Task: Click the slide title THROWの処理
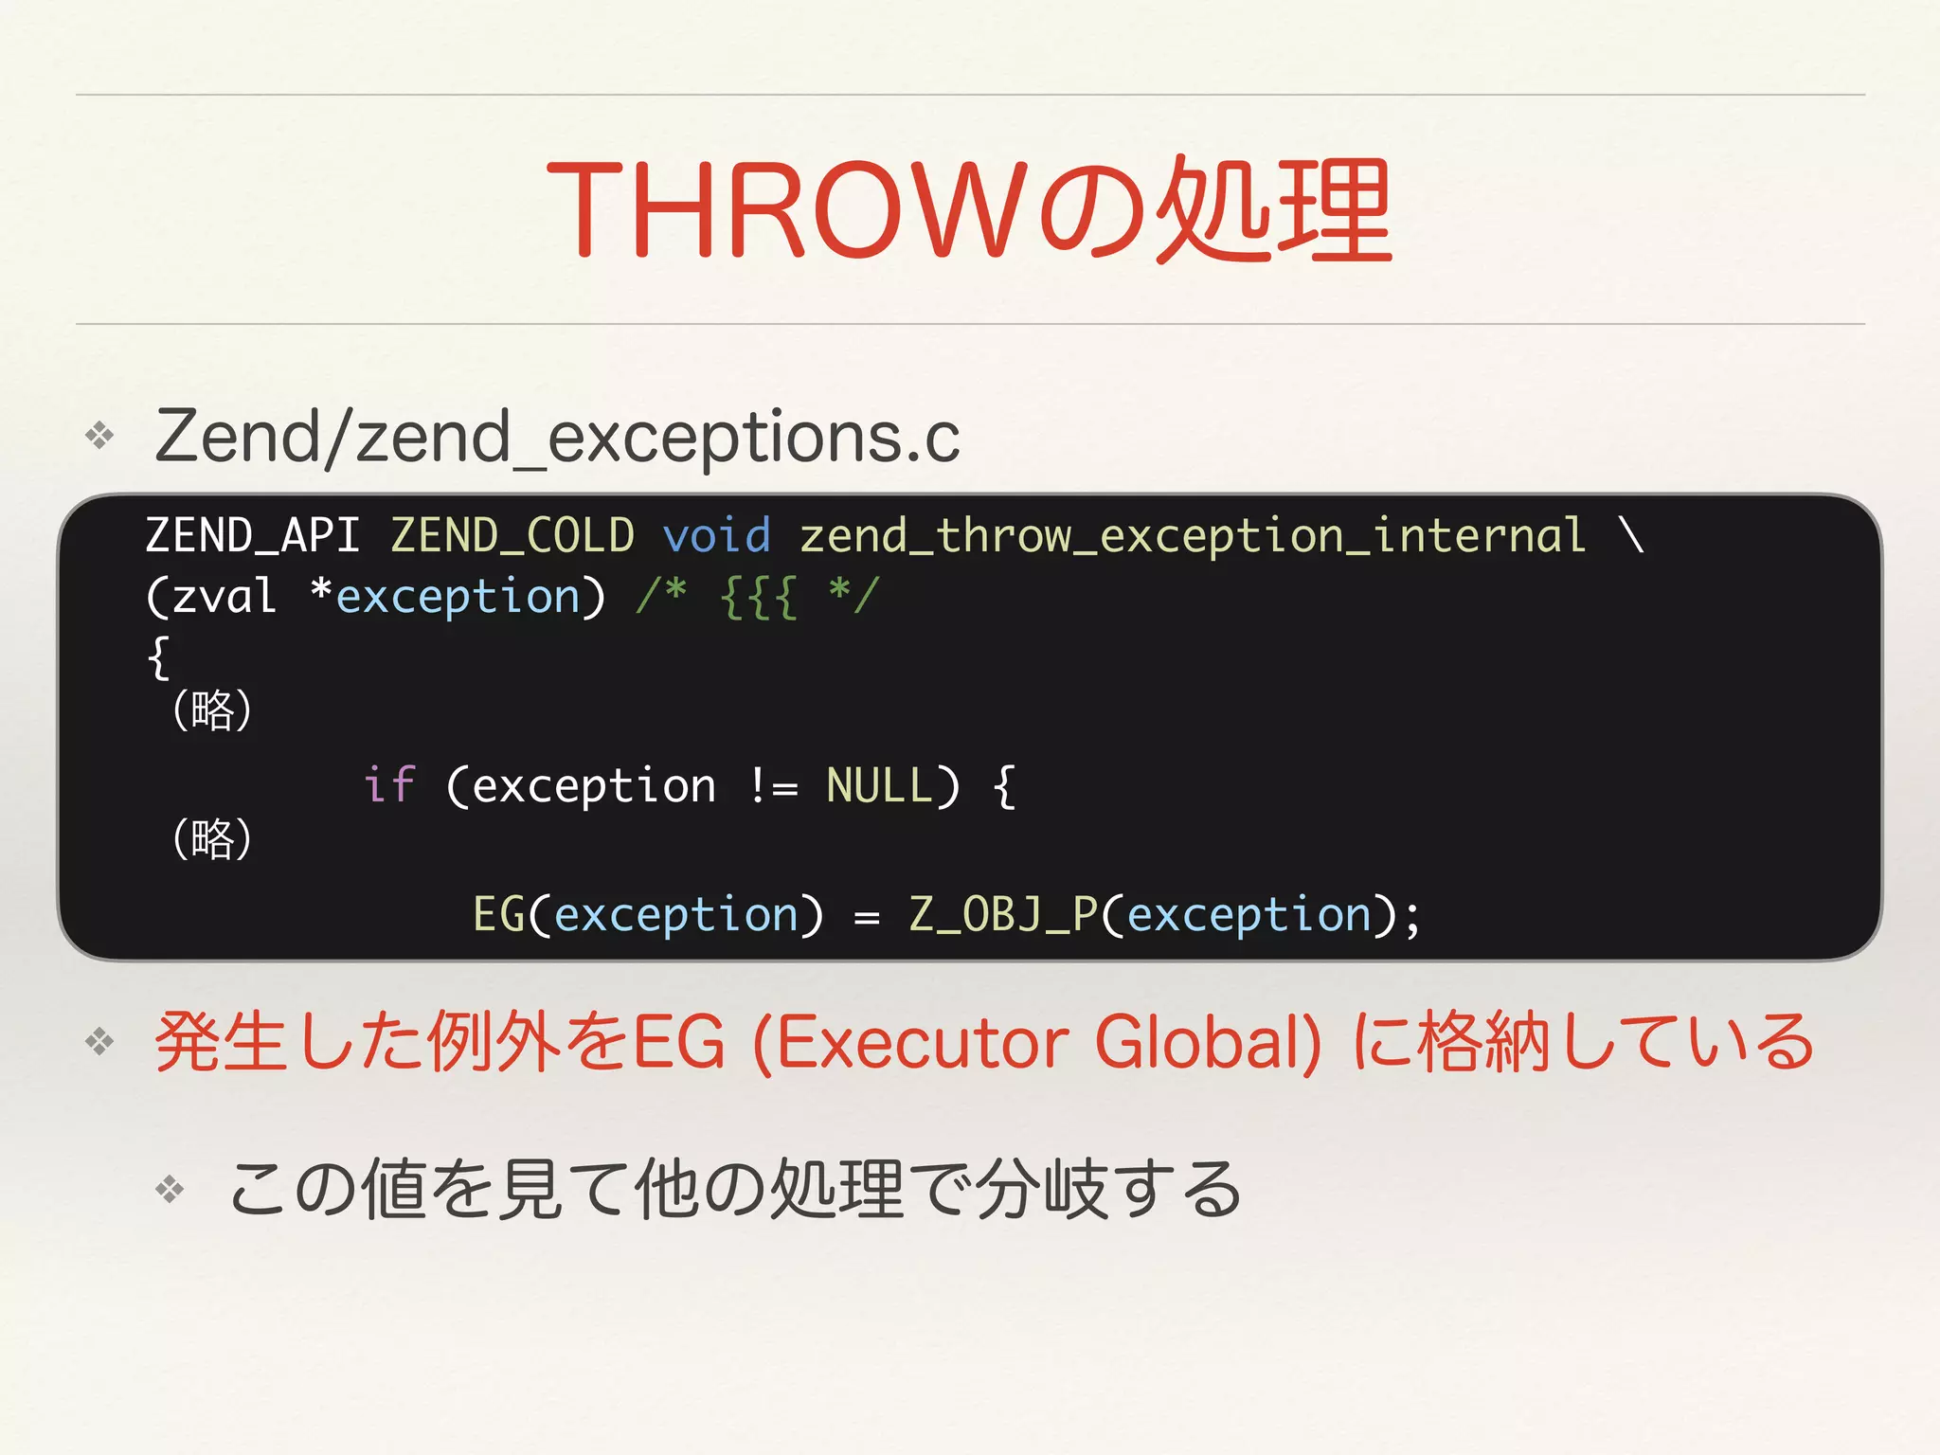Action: (968, 209)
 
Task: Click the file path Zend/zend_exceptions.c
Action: (557, 437)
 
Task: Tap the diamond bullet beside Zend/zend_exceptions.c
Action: (99, 436)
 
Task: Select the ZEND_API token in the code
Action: (252, 536)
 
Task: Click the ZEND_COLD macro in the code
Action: (512, 536)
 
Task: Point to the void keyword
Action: (716, 536)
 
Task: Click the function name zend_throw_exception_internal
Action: (1193, 536)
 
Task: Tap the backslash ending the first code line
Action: (1631, 536)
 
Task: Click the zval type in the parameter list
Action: (224, 597)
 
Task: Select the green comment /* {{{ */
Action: (758, 597)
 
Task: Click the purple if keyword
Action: (389, 786)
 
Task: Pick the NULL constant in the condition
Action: (879, 786)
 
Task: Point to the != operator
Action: (772, 786)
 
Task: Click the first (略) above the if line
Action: (212, 710)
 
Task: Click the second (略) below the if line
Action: (212, 839)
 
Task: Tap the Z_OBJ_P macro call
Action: (1002, 915)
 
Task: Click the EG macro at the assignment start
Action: (498, 915)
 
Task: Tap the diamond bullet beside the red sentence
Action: (99, 1042)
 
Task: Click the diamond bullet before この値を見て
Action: (170, 1189)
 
